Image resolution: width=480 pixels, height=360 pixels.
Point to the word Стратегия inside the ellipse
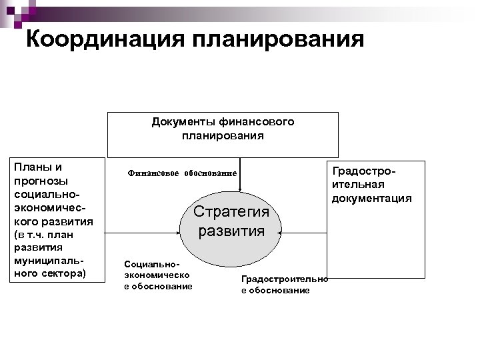231,212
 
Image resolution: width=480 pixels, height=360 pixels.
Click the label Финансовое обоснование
182,173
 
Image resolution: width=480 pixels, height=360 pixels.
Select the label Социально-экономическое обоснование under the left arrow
158,275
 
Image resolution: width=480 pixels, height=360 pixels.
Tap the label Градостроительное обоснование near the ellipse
285,285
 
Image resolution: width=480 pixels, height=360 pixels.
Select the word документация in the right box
373,198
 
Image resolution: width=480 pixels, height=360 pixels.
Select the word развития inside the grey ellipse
231,232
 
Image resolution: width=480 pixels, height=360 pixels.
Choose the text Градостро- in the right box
364,171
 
